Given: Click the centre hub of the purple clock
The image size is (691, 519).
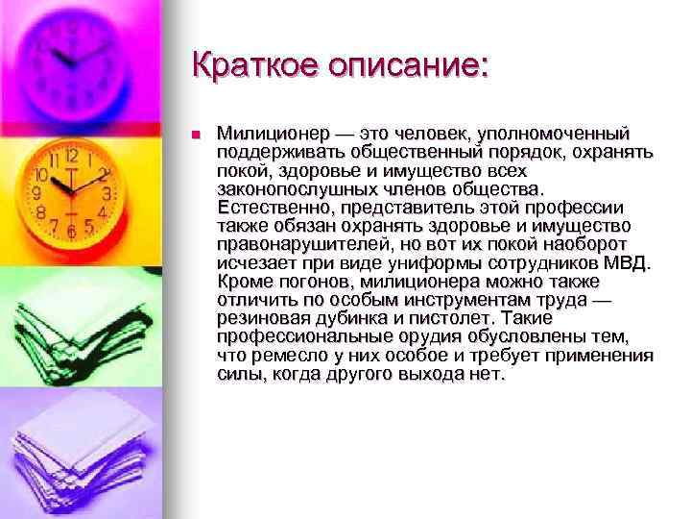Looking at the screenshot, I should coord(71,60).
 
